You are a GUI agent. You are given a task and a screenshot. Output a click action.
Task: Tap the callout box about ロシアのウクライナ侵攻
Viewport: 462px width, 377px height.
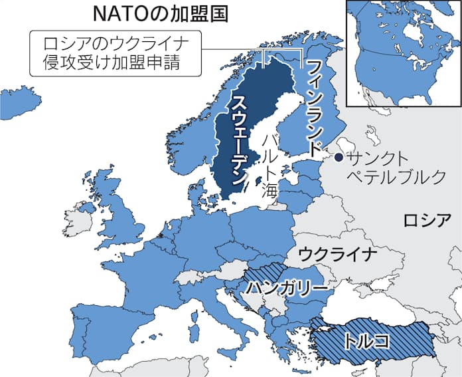[x=114, y=54]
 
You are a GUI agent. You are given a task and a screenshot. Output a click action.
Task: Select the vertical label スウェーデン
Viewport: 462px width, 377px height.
[x=239, y=139]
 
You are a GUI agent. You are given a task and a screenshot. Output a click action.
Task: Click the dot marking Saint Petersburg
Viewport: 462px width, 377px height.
[x=338, y=158]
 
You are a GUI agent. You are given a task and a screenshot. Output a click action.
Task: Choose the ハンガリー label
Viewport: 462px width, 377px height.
[x=287, y=287]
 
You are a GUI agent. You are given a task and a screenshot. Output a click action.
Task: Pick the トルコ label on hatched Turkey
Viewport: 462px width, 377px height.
[x=366, y=340]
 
